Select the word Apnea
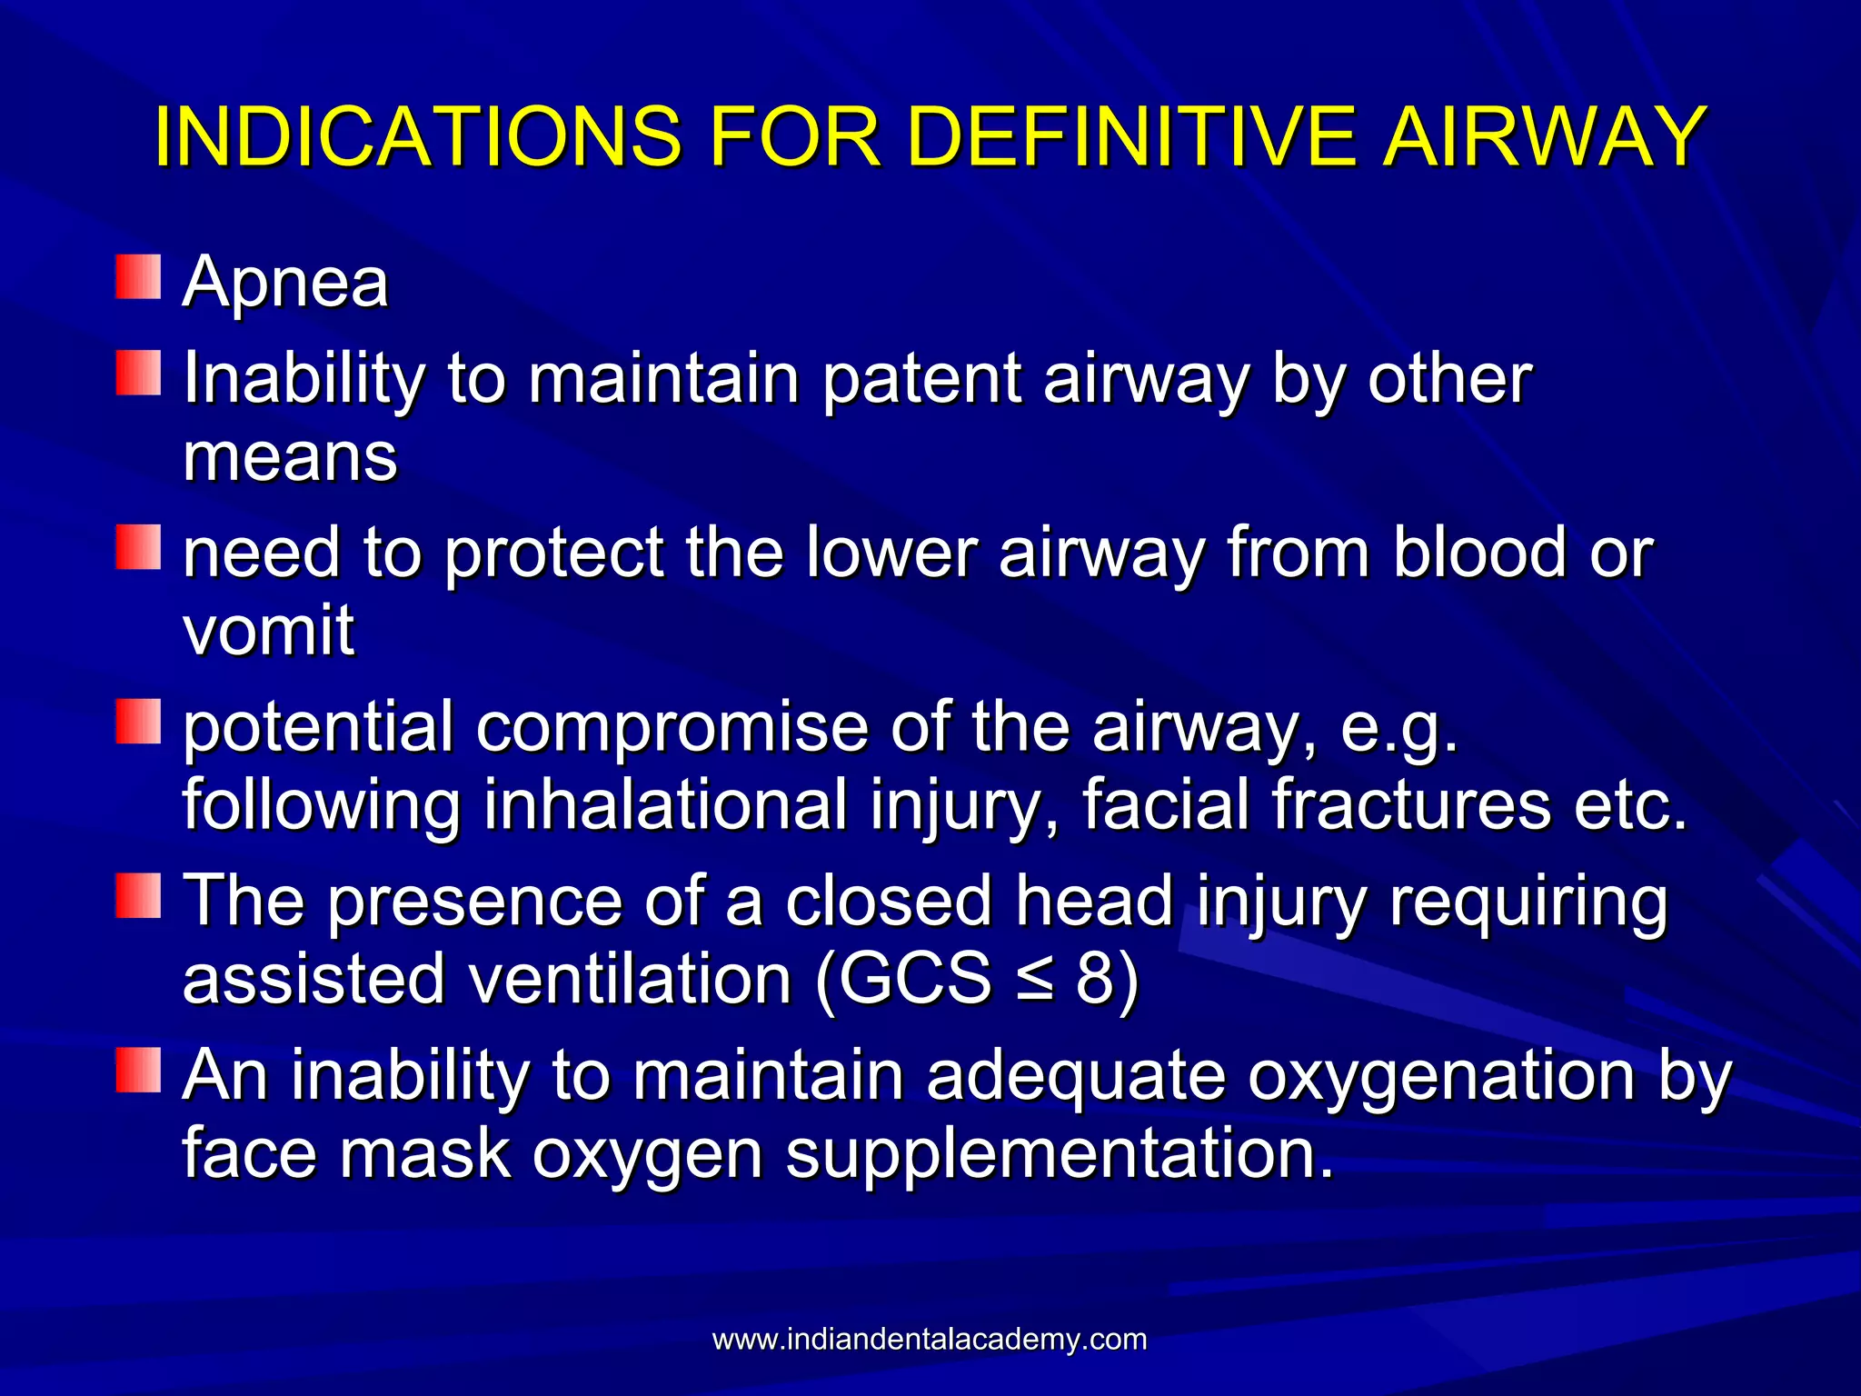pos(285,284)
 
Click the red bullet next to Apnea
pos(138,277)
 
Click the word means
pos(290,457)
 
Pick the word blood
pos(1479,553)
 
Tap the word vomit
pos(269,630)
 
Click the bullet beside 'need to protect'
pos(138,547)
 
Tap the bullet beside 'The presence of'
pos(138,895)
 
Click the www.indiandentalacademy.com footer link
pos(929,1340)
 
